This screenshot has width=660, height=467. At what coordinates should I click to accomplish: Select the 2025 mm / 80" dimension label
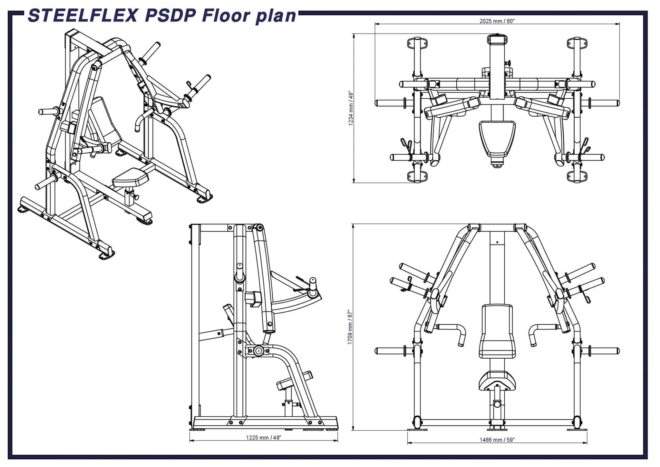point(497,21)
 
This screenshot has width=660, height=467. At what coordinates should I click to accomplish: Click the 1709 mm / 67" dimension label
point(350,327)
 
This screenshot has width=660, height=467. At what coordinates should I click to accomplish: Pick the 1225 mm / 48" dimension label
point(263,438)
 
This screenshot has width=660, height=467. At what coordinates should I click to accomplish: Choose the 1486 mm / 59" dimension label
point(497,440)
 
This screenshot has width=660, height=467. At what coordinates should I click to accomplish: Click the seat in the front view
point(497,381)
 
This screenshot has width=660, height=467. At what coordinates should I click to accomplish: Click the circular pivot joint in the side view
point(258,351)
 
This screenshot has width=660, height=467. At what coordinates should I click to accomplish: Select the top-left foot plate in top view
point(417,43)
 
